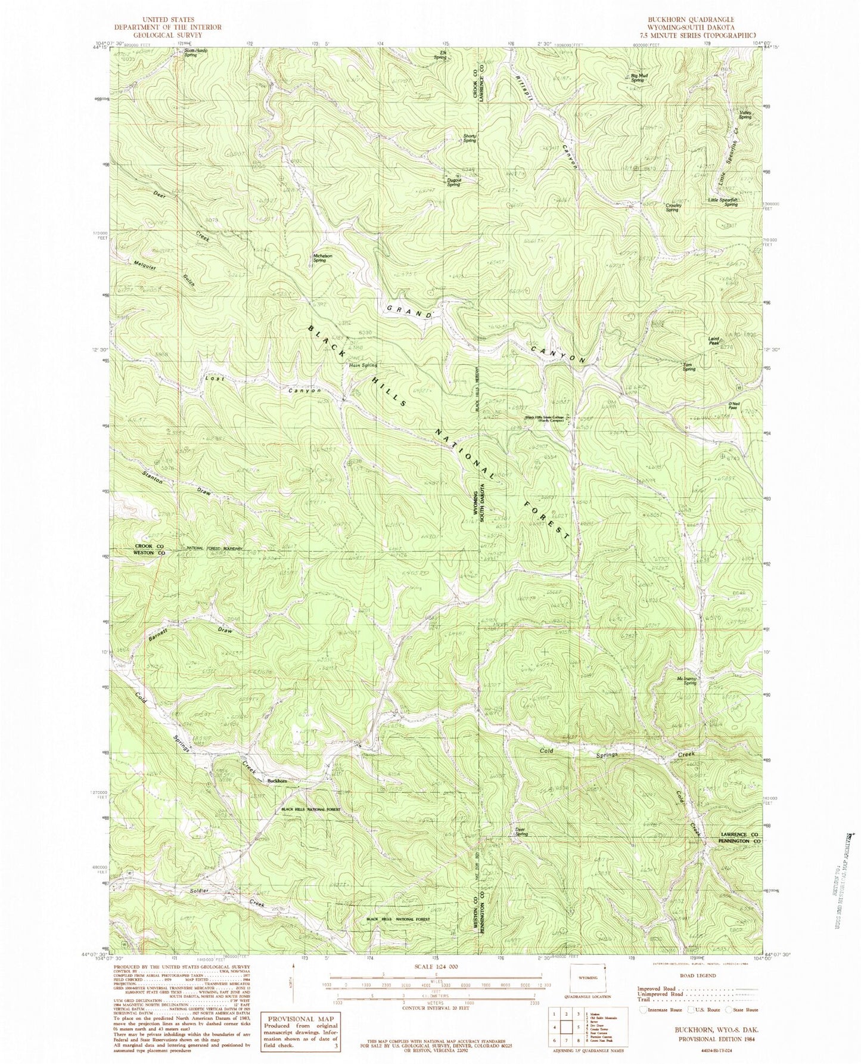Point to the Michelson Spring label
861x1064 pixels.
(x=322, y=258)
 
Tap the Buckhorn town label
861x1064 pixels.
(x=277, y=781)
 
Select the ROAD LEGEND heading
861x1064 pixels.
(x=695, y=976)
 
